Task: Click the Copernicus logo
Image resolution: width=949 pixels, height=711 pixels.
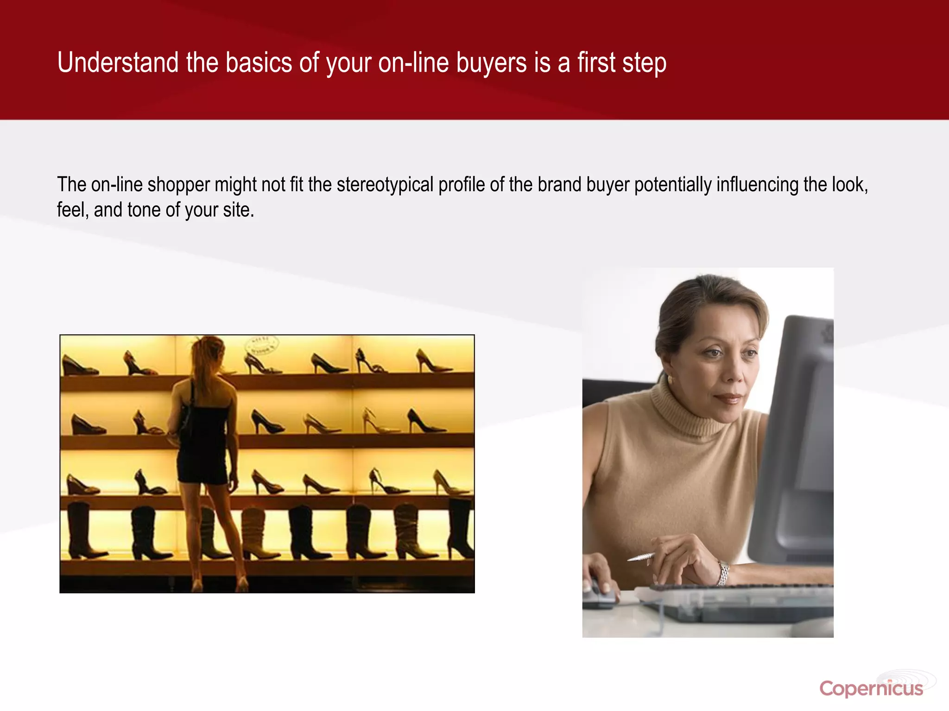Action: pyautogui.click(x=871, y=688)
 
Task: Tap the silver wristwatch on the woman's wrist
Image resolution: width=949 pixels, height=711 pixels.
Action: pyautogui.click(x=723, y=573)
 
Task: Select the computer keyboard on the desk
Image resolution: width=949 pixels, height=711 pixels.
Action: pyautogui.click(x=741, y=602)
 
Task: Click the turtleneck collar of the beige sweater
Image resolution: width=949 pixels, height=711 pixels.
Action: pyautogui.click(x=686, y=412)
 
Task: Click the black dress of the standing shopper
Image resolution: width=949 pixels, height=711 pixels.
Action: pyautogui.click(x=204, y=444)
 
